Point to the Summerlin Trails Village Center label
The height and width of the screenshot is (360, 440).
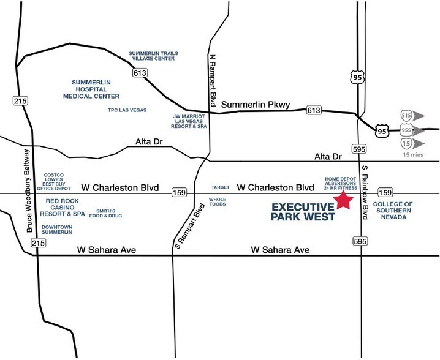click(x=153, y=57)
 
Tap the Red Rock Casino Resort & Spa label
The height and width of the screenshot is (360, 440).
click(x=61, y=209)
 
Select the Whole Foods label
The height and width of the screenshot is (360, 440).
click(x=218, y=202)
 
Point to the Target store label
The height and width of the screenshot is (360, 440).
click(x=219, y=186)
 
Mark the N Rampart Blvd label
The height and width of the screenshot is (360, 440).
click(x=213, y=75)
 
